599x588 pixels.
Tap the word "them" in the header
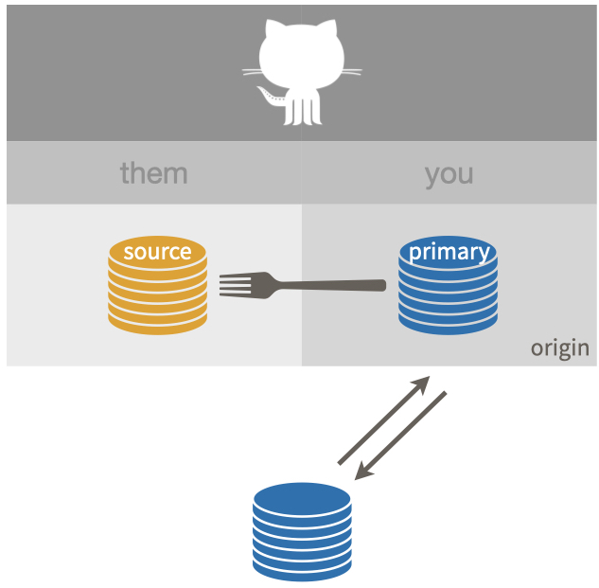pos(153,173)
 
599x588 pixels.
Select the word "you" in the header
pos(449,173)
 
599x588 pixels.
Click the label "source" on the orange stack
pos(157,252)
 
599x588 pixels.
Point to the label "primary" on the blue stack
pos(449,252)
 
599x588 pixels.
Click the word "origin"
pos(559,347)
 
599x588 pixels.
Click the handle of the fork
pos(331,284)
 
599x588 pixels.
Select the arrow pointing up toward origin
pos(383,420)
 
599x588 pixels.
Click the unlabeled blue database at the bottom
pos(302,530)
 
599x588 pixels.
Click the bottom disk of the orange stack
pos(157,323)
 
